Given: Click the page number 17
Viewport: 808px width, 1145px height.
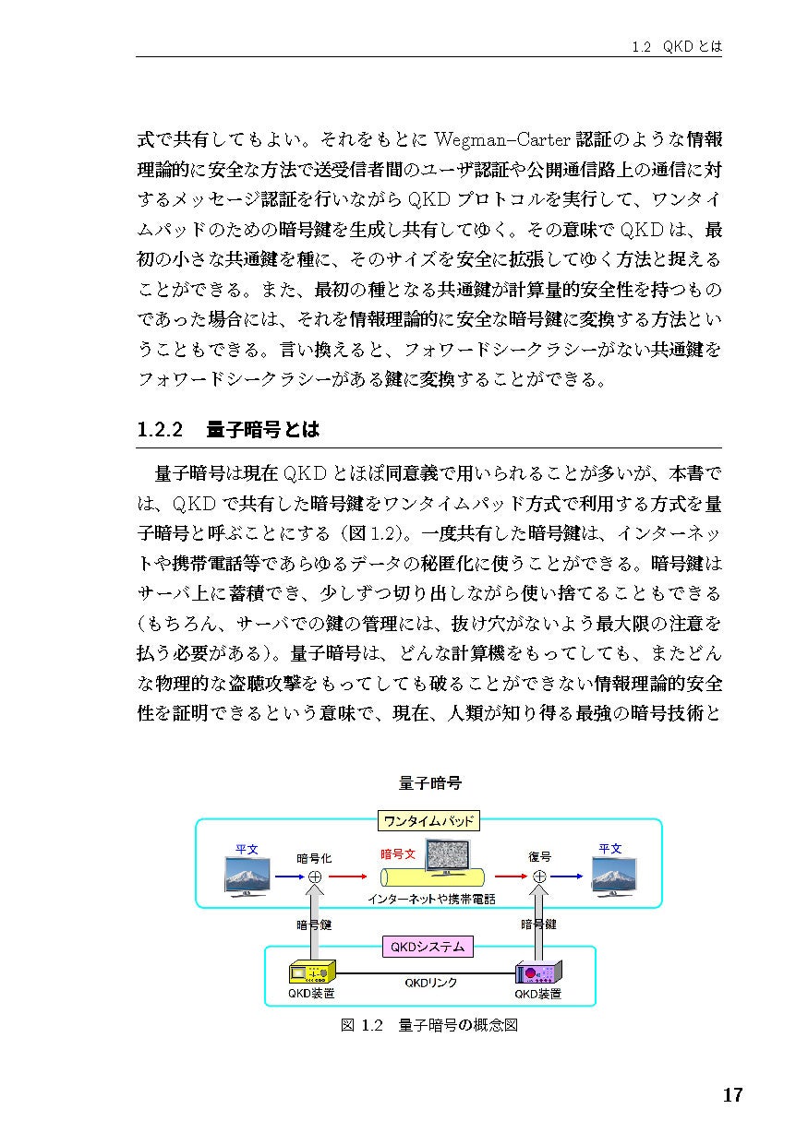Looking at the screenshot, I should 731,1095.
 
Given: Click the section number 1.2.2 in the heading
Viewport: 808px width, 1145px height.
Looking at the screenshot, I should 161,430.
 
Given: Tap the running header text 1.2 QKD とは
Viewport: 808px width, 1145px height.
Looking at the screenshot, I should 670,45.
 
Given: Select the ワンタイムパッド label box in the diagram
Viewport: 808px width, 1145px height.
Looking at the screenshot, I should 428,821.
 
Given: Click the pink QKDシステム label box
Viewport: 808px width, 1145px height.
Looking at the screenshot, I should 428,947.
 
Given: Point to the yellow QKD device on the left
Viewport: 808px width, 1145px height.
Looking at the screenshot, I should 311,972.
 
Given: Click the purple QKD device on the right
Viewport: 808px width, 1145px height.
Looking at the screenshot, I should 539,973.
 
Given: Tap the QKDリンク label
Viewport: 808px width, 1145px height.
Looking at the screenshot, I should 430,984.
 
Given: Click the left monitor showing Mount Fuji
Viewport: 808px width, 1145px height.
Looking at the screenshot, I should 247,877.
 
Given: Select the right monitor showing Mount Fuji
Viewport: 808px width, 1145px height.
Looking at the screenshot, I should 613,877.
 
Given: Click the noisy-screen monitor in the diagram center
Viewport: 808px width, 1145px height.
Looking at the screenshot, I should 446,856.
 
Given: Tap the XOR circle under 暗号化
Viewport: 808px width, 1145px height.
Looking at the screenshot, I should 314,877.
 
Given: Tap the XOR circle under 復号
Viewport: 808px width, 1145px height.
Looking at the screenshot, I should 539,877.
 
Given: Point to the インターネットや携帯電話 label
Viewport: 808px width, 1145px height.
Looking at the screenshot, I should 430,899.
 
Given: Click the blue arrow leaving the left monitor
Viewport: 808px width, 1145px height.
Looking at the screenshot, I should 289,877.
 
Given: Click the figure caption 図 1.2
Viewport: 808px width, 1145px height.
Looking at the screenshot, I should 361,1025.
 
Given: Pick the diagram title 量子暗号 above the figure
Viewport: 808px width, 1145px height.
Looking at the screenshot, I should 429,782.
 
